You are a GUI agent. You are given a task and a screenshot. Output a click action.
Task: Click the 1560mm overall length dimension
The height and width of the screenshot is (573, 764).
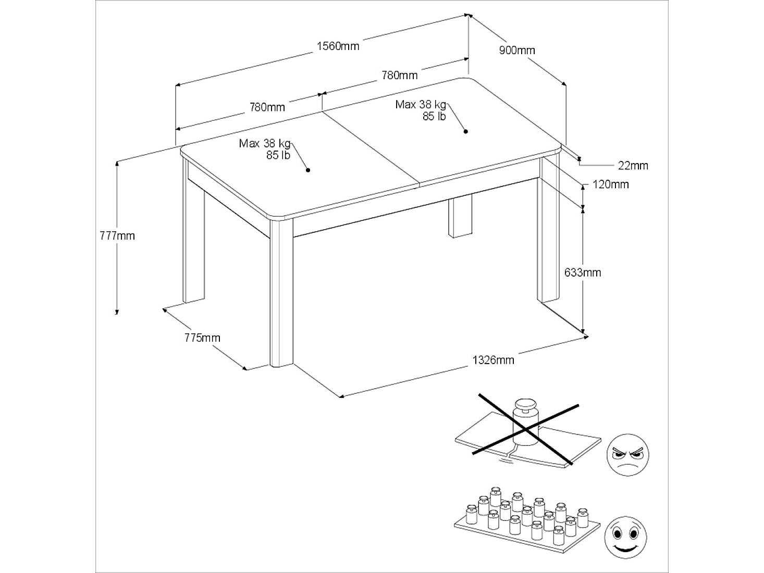338,46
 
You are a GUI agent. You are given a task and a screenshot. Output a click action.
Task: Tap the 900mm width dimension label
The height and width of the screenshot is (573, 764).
517,51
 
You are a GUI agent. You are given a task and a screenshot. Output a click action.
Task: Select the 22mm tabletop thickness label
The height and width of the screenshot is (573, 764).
633,166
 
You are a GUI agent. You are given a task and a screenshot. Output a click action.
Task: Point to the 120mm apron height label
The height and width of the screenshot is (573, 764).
610,184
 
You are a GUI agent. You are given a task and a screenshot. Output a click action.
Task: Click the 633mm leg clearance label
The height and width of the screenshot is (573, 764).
583,272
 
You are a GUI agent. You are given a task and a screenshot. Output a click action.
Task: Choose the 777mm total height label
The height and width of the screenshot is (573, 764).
117,236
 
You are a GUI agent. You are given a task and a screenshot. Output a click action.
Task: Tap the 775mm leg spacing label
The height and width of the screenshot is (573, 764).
202,338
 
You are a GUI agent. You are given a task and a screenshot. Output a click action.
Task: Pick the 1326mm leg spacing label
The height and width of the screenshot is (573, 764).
493,360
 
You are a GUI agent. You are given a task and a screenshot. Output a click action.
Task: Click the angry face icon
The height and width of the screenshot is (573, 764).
627,455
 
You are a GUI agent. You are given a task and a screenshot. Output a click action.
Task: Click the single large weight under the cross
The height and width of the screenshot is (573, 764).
526,421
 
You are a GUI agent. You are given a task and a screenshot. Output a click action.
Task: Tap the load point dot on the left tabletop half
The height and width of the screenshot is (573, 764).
308,170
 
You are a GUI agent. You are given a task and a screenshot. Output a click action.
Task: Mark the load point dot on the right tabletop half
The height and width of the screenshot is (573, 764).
465,131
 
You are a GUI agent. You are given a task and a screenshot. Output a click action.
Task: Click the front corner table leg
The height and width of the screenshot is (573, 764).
281,292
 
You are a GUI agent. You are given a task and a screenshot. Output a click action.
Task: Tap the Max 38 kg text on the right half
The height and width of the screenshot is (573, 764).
421,104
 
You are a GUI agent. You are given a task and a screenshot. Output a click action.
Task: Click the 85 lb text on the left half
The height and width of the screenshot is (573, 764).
278,155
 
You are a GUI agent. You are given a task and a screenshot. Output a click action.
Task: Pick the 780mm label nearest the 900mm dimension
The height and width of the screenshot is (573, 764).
399,75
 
